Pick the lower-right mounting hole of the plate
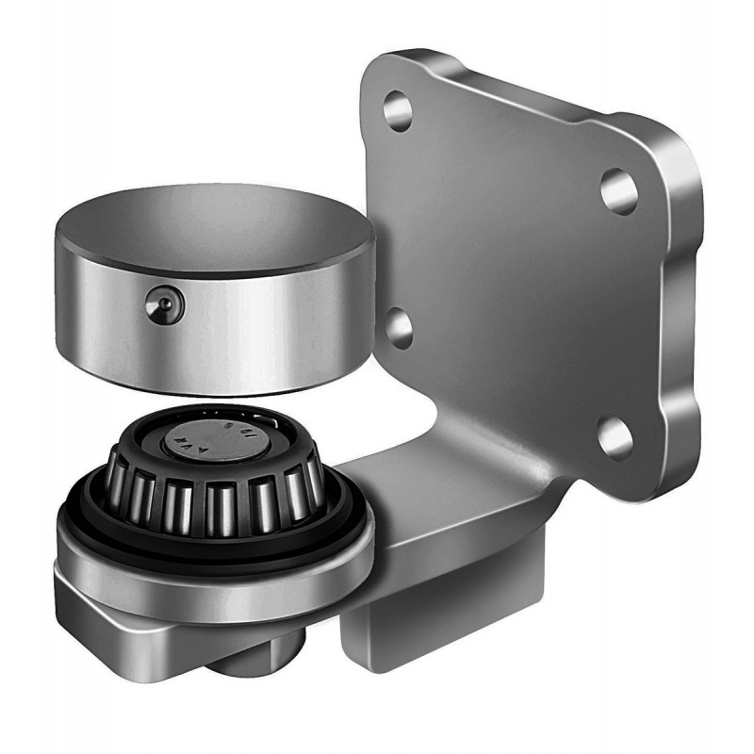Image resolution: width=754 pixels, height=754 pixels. tap(615, 437)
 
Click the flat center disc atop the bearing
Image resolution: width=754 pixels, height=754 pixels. tap(213, 437)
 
